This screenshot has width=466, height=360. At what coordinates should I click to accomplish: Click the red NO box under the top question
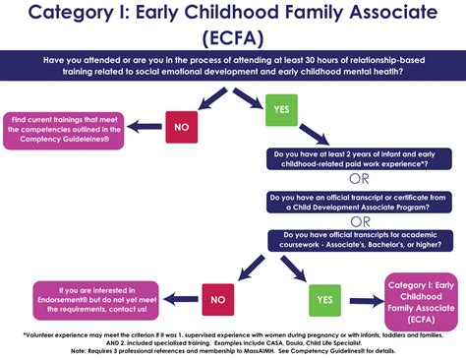[x=180, y=128]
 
